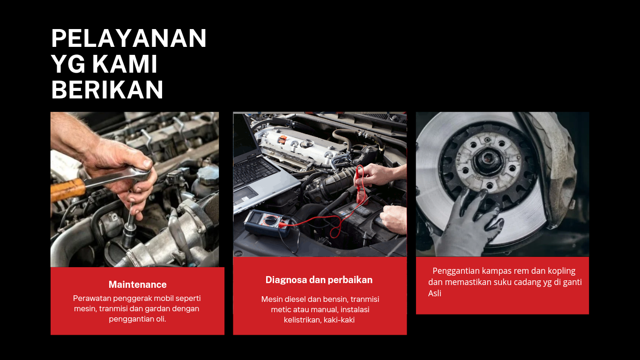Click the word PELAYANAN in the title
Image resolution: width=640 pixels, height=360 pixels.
tap(128, 38)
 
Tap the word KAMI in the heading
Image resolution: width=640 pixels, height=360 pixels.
tap(125, 64)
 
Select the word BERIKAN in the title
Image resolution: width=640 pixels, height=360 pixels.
tap(107, 90)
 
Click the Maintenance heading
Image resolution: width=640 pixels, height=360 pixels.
tap(137, 285)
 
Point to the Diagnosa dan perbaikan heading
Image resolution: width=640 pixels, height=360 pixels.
tap(319, 280)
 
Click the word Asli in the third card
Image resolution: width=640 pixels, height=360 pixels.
tap(435, 293)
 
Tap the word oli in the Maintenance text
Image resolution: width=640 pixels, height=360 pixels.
tap(160, 319)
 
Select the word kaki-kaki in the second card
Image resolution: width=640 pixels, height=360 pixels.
tap(339, 320)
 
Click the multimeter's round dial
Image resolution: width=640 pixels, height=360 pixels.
tap(270, 220)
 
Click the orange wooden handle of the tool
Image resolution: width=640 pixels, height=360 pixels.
tap(68, 190)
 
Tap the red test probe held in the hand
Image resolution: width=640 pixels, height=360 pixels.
tap(360, 186)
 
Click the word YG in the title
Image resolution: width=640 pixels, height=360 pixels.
tap(68, 64)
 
